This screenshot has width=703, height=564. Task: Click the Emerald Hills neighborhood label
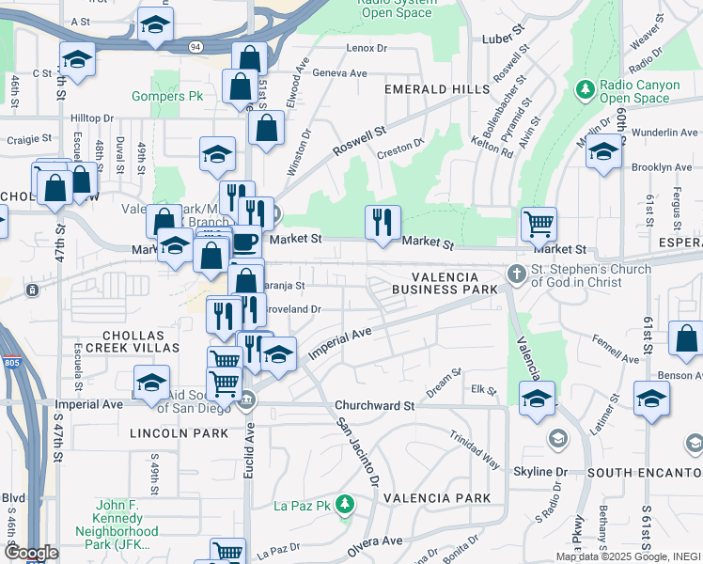tap(436, 89)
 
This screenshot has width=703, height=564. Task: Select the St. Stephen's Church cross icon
tap(515, 274)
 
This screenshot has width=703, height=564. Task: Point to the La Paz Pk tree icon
tap(346, 506)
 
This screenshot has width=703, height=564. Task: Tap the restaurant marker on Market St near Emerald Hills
tap(383, 223)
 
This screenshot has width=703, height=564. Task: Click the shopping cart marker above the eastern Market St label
tap(539, 225)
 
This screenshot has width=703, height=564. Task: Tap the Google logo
tap(30, 554)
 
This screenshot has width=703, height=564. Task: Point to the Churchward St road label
tap(375, 406)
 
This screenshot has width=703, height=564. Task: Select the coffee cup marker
tap(245, 243)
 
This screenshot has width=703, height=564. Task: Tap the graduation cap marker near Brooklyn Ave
tap(603, 152)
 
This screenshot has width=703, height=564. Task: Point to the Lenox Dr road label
tap(367, 48)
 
